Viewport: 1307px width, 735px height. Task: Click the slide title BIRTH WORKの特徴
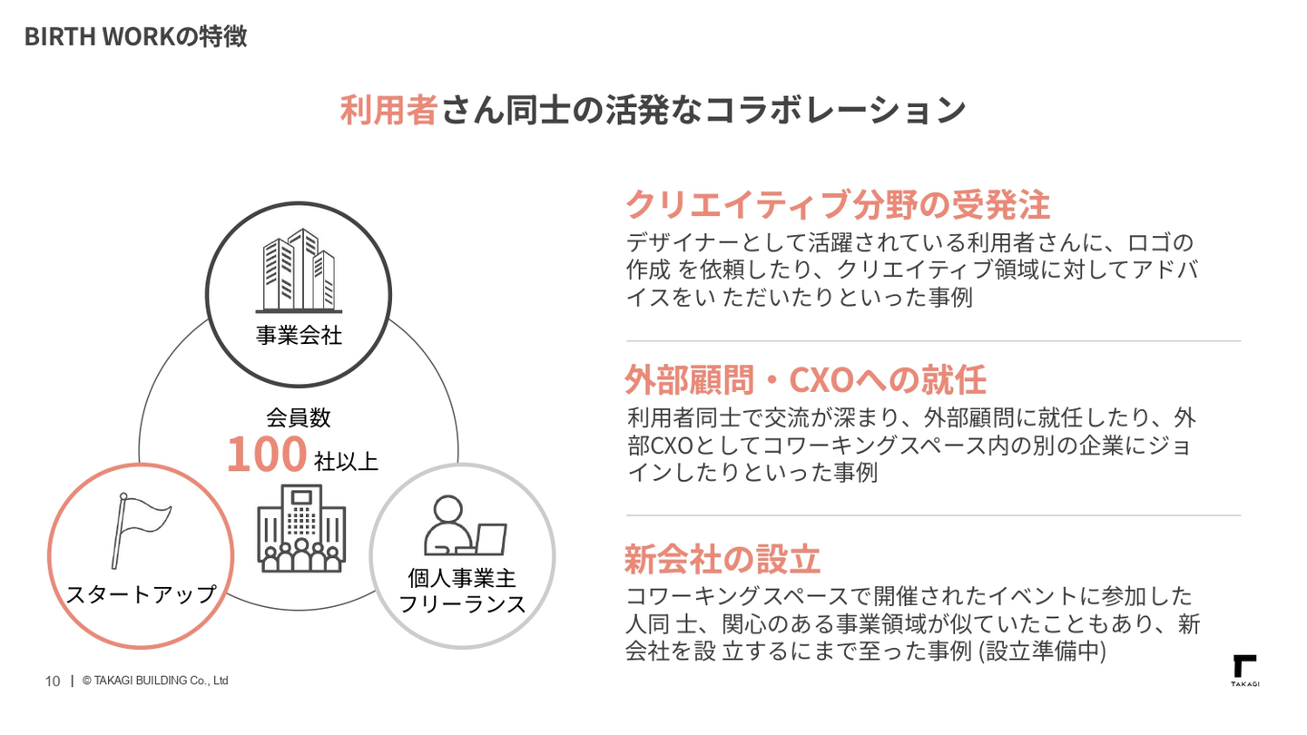(135, 36)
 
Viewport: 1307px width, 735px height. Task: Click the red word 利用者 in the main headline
(388, 110)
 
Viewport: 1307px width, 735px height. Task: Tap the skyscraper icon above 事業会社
(299, 270)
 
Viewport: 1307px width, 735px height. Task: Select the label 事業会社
(299, 335)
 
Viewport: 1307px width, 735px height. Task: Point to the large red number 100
(267, 454)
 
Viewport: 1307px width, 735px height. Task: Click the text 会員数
(299, 417)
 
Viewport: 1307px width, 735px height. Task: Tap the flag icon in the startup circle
(141, 530)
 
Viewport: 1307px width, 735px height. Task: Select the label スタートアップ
(142, 594)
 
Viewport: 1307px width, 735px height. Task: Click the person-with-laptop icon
(465, 525)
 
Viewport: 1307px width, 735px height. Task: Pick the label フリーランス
(462, 604)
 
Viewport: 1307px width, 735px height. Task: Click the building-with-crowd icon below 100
(301, 528)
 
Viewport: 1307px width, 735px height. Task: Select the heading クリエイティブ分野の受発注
(838, 204)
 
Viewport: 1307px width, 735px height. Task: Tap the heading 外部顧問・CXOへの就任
(805, 379)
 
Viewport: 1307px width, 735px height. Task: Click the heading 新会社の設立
(722, 559)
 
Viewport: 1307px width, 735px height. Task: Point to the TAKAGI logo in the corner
(1245, 671)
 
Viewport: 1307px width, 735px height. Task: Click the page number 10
(53, 681)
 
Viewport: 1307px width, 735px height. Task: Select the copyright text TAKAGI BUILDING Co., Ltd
(155, 681)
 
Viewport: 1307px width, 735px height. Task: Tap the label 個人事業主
(462, 578)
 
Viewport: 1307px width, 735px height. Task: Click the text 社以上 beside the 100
(346, 461)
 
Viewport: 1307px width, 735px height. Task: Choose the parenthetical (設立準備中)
(1042, 651)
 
